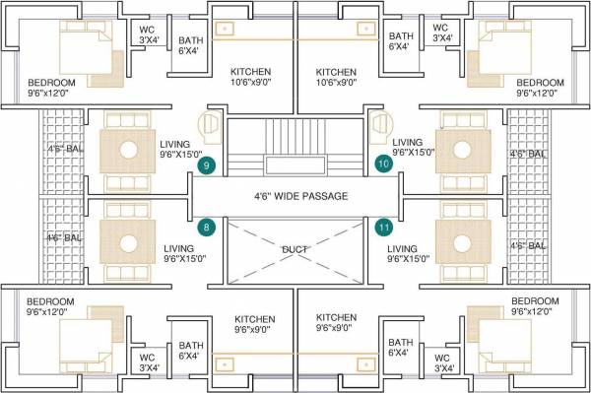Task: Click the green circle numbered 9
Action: coord(206,166)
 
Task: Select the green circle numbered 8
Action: coord(206,228)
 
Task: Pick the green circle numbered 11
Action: coord(382,228)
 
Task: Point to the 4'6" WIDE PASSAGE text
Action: coord(300,196)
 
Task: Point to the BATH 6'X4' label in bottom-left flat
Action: coord(190,352)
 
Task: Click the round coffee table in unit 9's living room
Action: coord(128,151)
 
